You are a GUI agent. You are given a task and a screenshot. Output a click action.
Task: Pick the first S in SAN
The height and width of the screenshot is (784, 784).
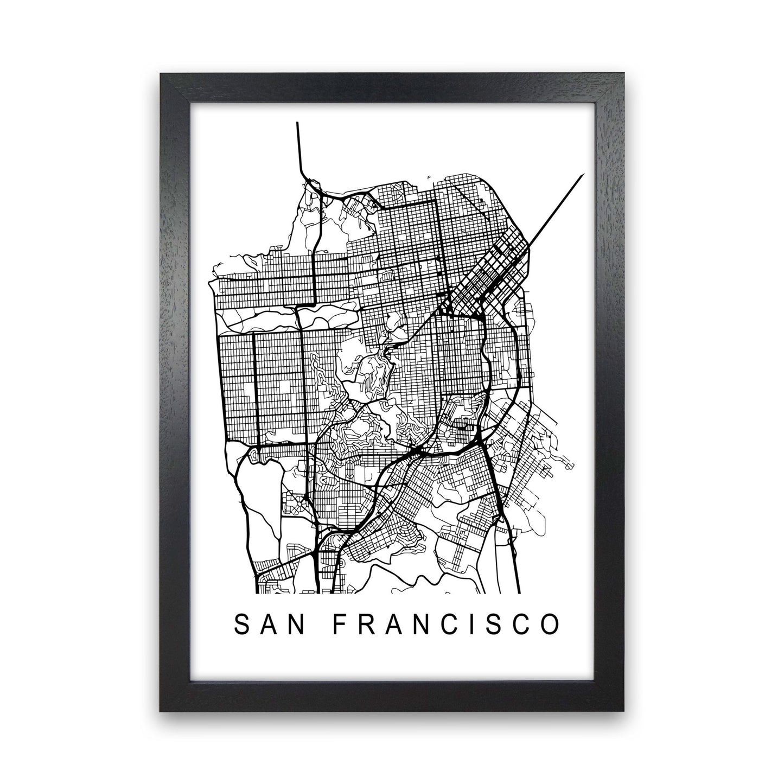tap(240, 624)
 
